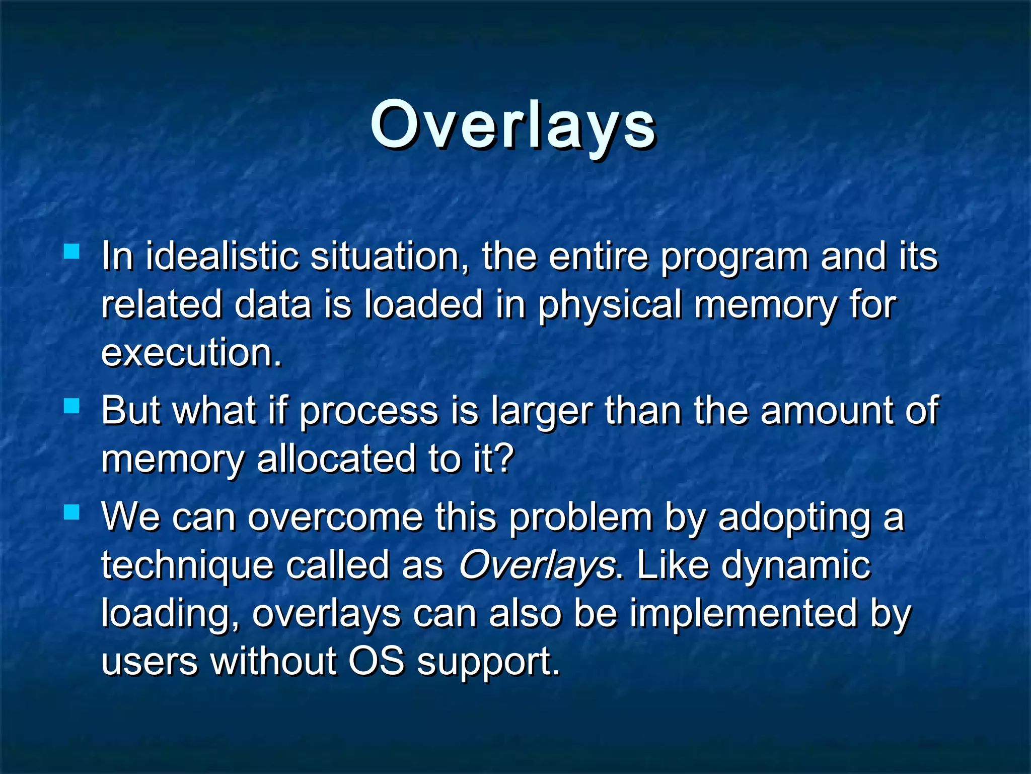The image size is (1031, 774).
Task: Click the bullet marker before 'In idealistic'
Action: (x=72, y=251)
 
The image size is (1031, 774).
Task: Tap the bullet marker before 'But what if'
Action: (x=72, y=406)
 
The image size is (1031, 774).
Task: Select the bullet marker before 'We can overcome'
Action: (x=72, y=512)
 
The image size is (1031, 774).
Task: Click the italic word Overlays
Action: (x=537, y=565)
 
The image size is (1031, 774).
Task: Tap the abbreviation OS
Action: (x=377, y=661)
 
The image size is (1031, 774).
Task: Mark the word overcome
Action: (x=335, y=518)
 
